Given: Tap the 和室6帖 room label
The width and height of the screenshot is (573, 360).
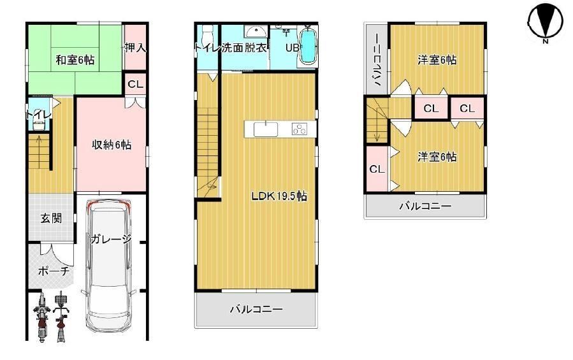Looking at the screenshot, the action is pos(75,59).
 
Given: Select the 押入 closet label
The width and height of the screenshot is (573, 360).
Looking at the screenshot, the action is pos(135,47).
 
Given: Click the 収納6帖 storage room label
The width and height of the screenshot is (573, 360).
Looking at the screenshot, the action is pos(112,145).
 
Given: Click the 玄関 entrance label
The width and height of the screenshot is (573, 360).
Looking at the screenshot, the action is pos(51,219).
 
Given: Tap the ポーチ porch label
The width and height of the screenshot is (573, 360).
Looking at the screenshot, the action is pos(54,271).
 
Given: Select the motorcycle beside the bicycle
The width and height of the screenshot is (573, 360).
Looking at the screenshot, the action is pos(41,317).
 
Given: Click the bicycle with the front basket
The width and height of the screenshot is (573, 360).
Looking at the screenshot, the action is pos(61,317).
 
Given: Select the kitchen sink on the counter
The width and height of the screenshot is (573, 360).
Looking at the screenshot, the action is pos(266,130).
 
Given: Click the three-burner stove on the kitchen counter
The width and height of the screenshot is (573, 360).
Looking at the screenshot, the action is pos(300,129).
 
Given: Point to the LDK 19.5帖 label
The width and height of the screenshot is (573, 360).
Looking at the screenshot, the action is pos(279,196).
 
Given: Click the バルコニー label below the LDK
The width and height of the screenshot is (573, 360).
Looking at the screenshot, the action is pos(256,310).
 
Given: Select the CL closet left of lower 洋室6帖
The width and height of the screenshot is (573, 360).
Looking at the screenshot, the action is pos(377,169).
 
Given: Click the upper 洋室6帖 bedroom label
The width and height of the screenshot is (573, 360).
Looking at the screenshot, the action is pos(437,59).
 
